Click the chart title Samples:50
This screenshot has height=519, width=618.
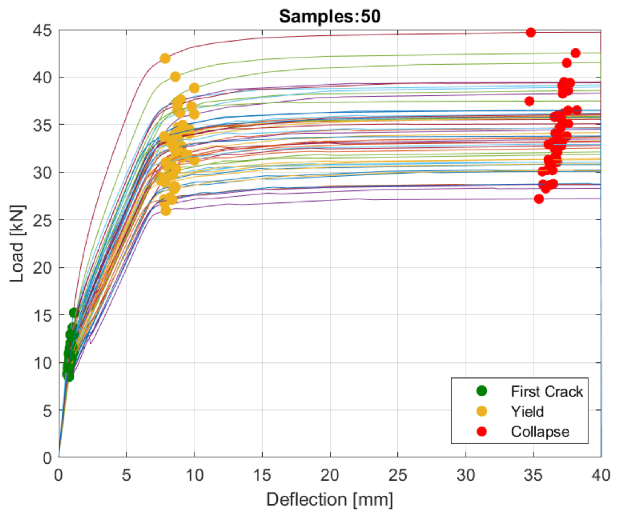pos(330,16)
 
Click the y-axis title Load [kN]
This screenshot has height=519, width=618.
pos(17,244)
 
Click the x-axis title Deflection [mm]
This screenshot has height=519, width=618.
pos(330,499)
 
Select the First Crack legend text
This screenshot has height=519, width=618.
pos(546,391)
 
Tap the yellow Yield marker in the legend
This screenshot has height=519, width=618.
pos(481,411)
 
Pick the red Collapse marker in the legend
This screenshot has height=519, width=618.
pos(481,431)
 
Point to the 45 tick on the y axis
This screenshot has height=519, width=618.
pos(42,30)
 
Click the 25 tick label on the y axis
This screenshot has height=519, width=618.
pos(42,220)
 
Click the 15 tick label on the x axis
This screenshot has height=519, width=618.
pos(262,476)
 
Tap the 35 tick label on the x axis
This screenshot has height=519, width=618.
pos(533,476)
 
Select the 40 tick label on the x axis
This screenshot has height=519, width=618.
pos(601,476)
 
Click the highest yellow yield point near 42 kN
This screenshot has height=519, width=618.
pos(165,58)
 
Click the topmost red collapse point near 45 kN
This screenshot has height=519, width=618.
pos(531,32)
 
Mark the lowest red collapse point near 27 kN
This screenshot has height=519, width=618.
pos(539,199)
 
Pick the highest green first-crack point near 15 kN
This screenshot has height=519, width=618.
pos(74,313)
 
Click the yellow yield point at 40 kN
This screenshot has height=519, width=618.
pos(175,77)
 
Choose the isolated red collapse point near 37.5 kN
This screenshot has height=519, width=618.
pos(529,101)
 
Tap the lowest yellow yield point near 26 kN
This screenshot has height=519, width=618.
pos(166,211)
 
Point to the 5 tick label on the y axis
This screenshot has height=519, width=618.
pos(47,411)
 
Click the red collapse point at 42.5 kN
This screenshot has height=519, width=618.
pos(575,53)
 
